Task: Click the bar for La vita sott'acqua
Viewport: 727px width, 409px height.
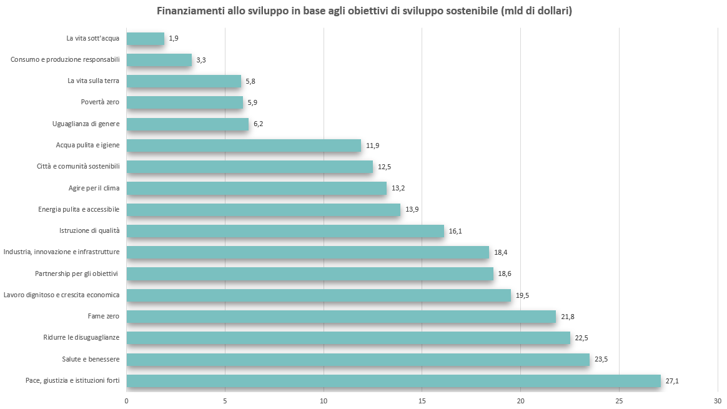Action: tap(145, 39)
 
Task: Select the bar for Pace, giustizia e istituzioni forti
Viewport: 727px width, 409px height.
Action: tap(393, 380)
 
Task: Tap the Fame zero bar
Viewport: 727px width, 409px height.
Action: tap(341, 317)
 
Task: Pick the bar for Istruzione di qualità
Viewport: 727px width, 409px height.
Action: tap(285, 231)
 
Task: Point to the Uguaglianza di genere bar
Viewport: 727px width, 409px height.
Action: tap(187, 124)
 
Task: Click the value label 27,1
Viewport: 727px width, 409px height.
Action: tap(673, 380)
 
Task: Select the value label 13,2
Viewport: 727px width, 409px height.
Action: tap(398, 188)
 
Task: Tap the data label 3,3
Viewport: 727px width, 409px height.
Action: tap(201, 60)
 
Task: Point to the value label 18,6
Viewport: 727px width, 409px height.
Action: tap(505, 273)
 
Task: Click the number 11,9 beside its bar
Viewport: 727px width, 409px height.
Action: tap(373, 145)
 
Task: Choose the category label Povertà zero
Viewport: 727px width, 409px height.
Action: tap(100, 102)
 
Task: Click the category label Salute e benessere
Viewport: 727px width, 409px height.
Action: tap(91, 359)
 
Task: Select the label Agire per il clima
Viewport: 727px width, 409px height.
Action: tap(94, 188)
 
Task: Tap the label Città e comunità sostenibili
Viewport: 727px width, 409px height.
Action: tap(79, 167)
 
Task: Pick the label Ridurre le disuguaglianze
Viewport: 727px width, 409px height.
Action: tap(81, 338)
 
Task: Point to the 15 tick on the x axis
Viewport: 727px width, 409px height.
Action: tap(422, 400)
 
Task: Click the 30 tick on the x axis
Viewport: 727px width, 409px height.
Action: tap(718, 400)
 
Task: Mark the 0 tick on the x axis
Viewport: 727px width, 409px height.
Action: tap(127, 400)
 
